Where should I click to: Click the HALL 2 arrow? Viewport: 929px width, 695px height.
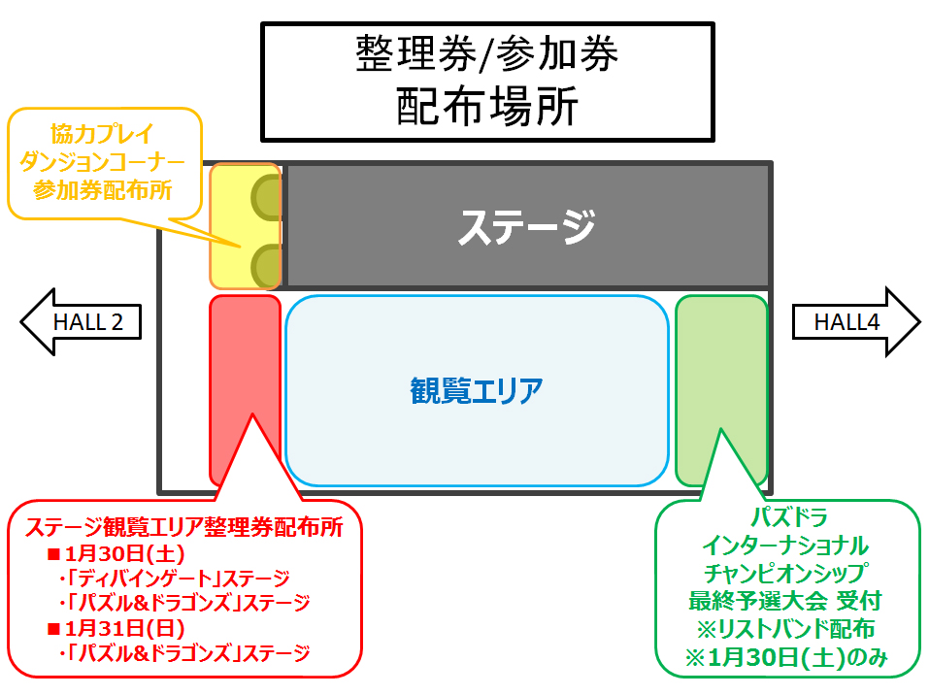pos(81,321)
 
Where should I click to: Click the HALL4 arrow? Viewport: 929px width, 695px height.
pos(856,321)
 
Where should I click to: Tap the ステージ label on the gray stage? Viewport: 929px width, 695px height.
pos(527,226)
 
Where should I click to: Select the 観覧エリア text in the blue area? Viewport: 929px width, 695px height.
pos(477,390)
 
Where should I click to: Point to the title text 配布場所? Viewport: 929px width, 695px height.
pos(487,107)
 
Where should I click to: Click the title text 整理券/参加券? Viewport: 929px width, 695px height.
pos(487,53)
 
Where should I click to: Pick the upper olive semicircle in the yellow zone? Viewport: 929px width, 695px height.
pos(266,198)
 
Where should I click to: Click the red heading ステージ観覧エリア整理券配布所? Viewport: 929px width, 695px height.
pos(184,527)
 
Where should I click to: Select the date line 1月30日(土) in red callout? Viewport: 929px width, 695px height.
pos(116,553)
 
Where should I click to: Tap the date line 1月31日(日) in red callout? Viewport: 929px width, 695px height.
pos(116,628)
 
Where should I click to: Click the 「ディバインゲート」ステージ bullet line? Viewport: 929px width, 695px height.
pos(175,579)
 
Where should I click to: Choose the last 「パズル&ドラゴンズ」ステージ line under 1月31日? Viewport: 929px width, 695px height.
pos(184,653)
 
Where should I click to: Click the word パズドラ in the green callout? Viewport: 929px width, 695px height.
pos(788,517)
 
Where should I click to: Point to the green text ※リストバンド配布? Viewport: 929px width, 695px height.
pos(786,629)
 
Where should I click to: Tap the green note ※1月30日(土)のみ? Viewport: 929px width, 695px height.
pos(786,657)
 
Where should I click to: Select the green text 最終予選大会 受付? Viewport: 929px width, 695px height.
pos(785,601)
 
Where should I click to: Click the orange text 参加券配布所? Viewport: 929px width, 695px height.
pos(103,190)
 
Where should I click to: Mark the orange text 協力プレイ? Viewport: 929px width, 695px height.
pos(102,134)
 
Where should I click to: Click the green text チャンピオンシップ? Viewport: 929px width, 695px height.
pos(786,573)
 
